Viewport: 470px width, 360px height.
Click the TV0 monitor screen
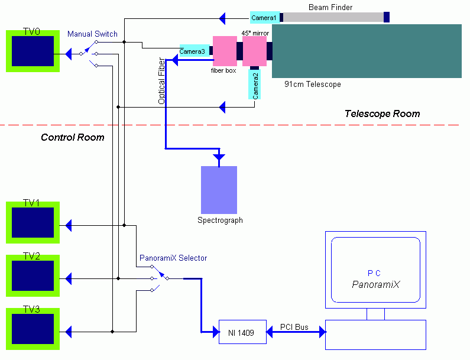coord(33,51)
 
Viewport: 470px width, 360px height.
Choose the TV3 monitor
coord(33,329)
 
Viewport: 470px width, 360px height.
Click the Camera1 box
coord(264,18)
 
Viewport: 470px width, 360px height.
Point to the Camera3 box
coord(192,51)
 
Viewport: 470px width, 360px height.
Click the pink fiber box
coord(225,51)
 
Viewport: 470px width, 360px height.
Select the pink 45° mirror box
coord(255,51)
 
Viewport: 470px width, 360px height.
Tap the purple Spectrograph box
coord(219,190)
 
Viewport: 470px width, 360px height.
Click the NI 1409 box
coord(242,332)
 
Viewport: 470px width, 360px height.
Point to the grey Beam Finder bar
coord(333,17)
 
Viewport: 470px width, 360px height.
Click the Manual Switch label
coord(92,34)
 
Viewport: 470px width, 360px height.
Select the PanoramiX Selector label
coord(173,258)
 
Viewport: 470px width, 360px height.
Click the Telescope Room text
coord(382,114)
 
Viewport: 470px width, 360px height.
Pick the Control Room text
coord(72,138)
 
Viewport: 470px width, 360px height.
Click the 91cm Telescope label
coord(313,85)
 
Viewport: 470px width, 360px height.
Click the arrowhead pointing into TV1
coord(69,225)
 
